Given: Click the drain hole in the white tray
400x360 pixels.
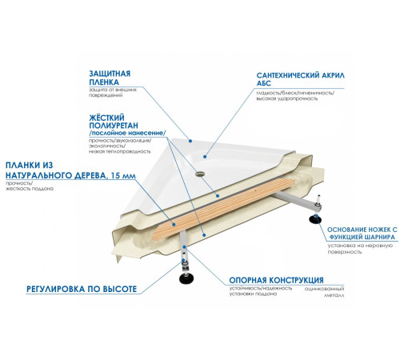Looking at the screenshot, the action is pos(199,174).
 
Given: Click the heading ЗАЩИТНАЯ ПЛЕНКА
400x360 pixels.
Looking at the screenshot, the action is pos(110,78).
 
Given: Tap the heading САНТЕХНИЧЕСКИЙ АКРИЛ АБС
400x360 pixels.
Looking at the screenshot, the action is pos(300,79).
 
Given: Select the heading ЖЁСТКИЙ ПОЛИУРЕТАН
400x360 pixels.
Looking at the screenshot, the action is pos(114,122).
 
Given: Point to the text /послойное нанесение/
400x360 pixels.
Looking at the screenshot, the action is pos(127,133).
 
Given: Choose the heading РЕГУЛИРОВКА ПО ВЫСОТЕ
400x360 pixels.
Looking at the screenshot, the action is pos(82,289).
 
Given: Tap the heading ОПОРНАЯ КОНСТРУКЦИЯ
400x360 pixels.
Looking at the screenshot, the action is pos(276,280).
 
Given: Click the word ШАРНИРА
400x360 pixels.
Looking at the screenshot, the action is pos(380,237).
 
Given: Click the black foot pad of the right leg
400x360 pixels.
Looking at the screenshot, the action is pos(315,219).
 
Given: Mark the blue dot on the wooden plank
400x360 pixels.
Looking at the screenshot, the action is pos(174,224).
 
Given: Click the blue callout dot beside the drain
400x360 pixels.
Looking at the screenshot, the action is pos(205,157).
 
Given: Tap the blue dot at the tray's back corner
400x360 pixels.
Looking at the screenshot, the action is pos(190,141).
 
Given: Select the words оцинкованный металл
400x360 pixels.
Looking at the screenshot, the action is pos(324,292).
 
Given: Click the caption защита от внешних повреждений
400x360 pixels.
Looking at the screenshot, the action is pos(113,92).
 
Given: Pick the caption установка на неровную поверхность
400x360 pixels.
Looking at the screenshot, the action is pos(360,249).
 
